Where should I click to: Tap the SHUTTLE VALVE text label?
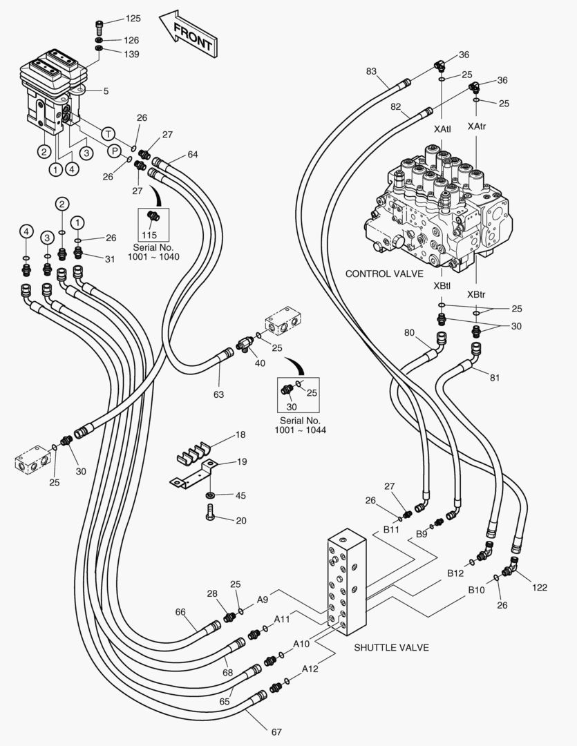coord(391,647)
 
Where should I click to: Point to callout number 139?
coord(133,53)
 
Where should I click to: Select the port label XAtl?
coord(443,128)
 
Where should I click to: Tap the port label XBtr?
coord(475,294)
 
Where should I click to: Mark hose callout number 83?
coord(372,71)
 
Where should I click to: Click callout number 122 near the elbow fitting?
coord(539,588)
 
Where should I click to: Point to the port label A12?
coord(310,669)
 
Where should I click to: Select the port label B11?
coord(392,529)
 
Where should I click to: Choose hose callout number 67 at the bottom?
coord(276,731)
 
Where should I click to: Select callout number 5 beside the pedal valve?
coord(106,90)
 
